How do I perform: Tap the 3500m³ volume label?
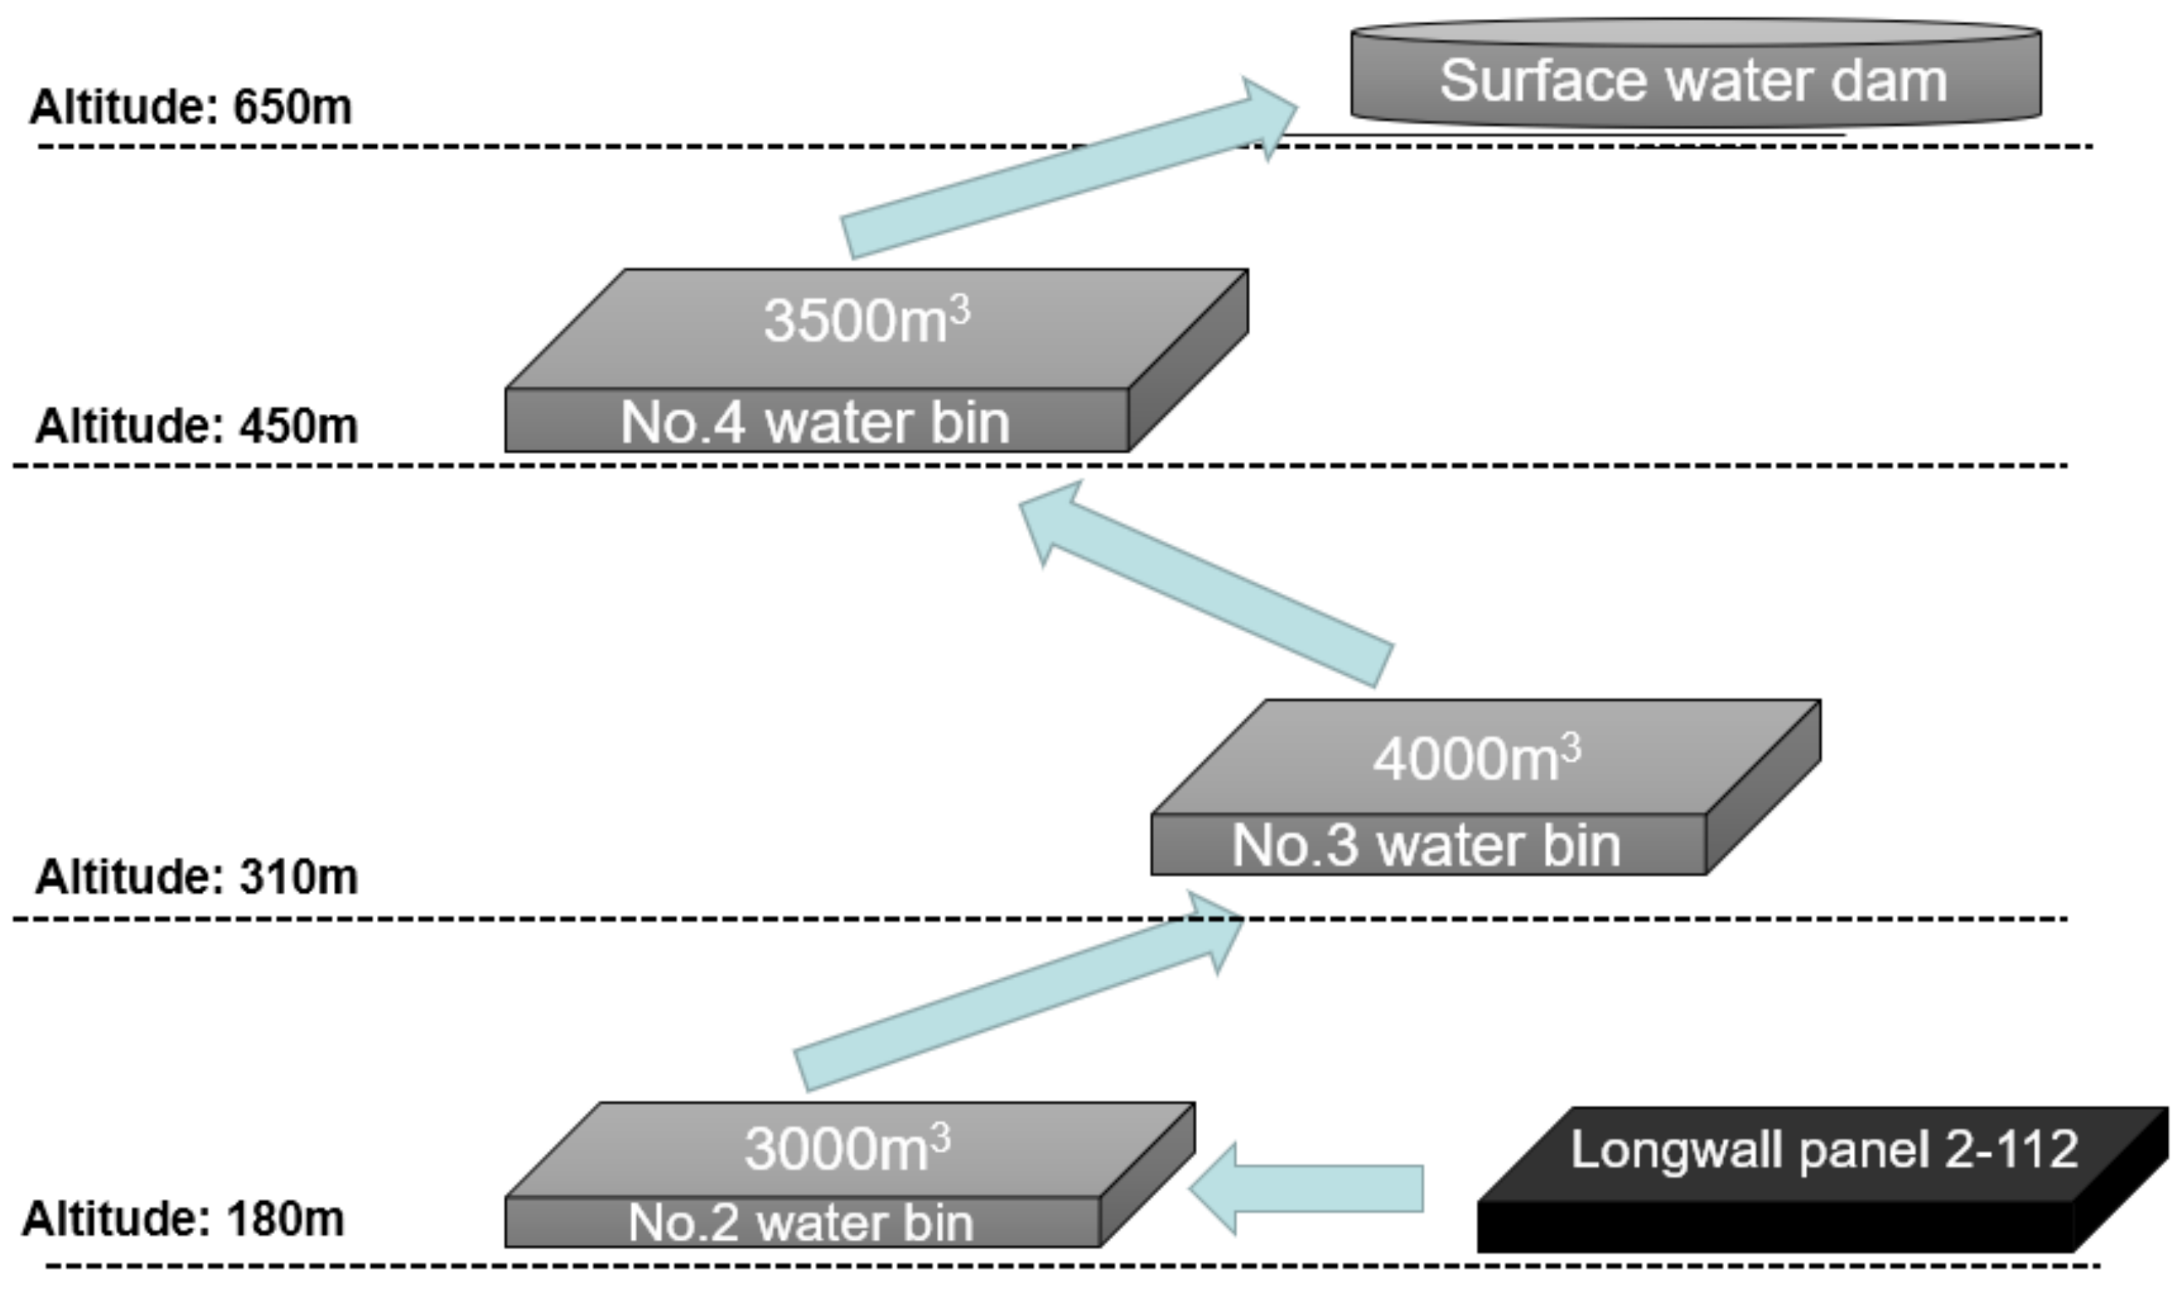[867, 321]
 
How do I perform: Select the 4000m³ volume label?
[1476, 759]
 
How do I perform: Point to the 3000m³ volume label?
[847, 1149]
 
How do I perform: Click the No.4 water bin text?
[814, 423]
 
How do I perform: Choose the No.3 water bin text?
[1426, 846]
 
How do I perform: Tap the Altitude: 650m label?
[191, 107]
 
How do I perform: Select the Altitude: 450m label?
[196, 427]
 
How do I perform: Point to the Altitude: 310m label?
[196, 876]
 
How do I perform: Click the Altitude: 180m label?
[183, 1218]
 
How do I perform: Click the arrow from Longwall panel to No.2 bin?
[1316, 1189]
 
